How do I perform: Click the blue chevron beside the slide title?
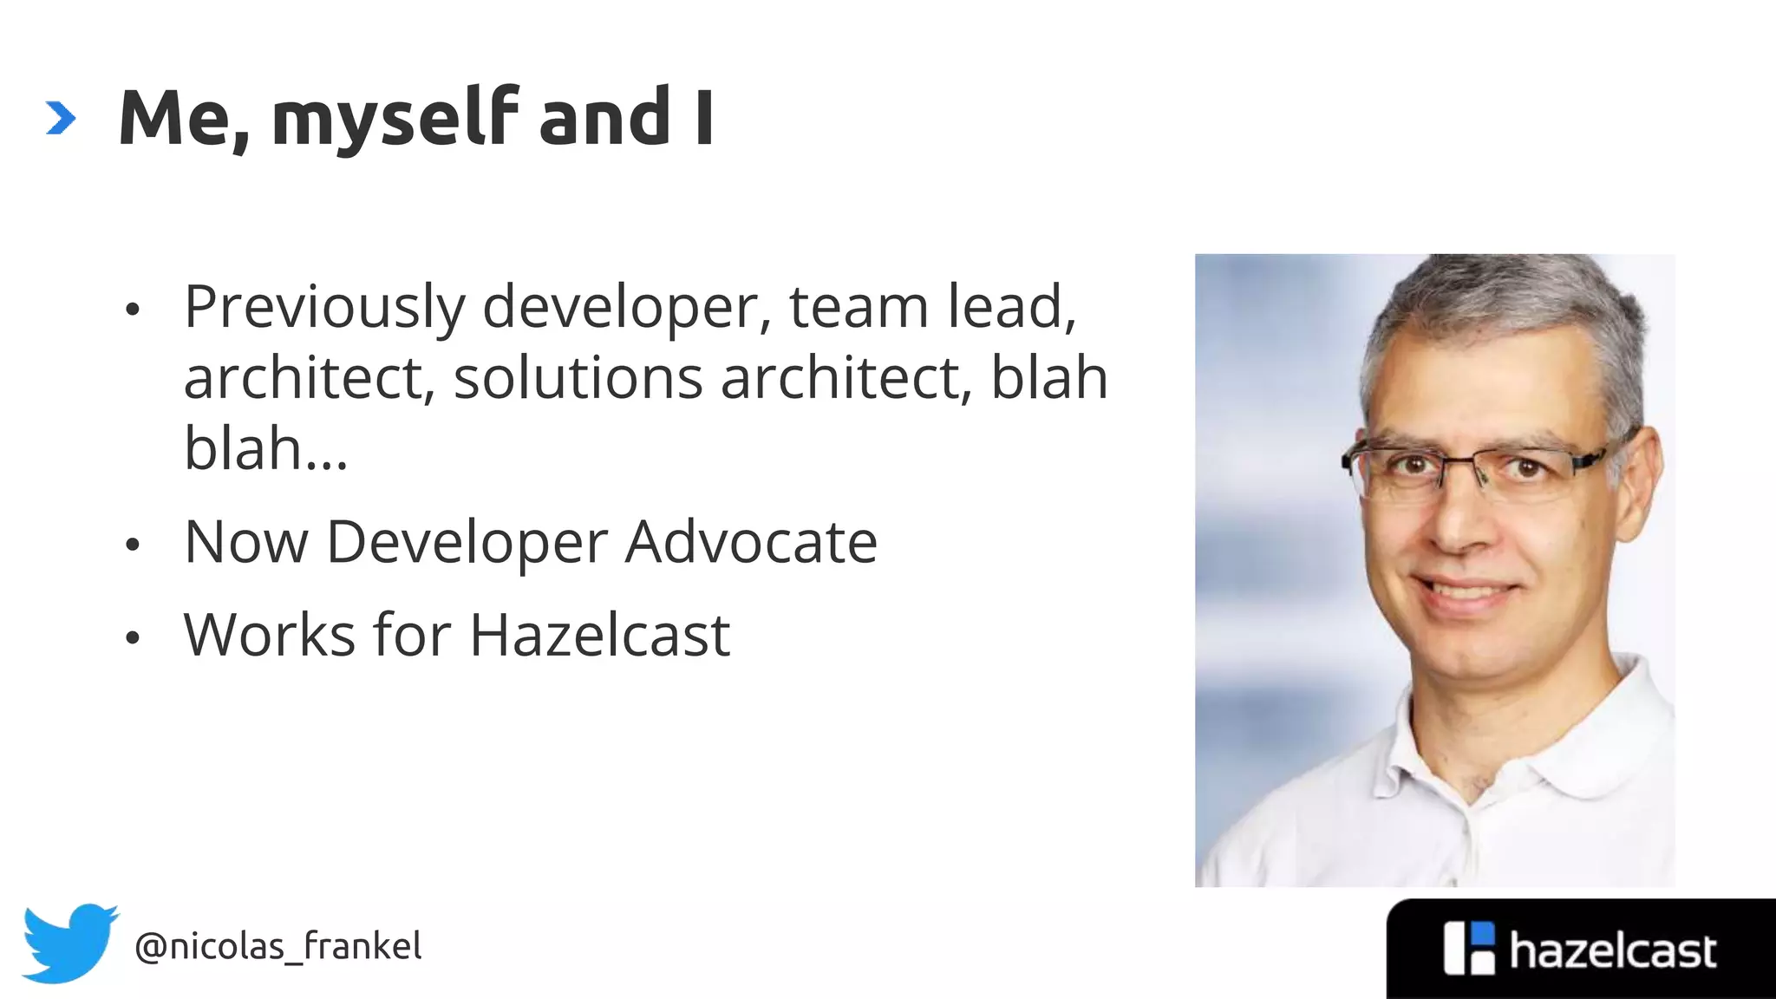pyautogui.click(x=61, y=118)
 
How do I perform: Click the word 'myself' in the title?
pyautogui.click(x=395, y=120)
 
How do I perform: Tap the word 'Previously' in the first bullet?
pyautogui.click(x=324, y=308)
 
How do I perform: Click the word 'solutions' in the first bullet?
pyautogui.click(x=578, y=379)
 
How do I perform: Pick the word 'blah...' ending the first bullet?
pyautogui.click(x=265, y=448)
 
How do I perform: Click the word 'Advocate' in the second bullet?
pyautogui.click(x=751, y=542)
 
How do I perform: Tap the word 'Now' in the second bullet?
pyautogui.click(x=246, y=542)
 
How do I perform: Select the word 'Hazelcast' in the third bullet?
pyautogui.click(x=599, y=635)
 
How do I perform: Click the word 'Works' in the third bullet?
pyautogui.click(x=270, y=635)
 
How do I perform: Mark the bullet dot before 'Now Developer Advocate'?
pyautogui.click(x=132, y=545)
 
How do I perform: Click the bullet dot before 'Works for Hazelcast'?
pyautogui.click(x=132, y=638)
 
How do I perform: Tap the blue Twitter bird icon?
pyautogui.click(x=69, y=943)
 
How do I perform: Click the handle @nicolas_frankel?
pyautogui.click(x=278, y=946)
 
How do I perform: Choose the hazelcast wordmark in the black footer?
pyautogui.click(x=1612, y=951)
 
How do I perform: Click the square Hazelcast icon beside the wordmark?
pyautogui.click(x=1469, y=949)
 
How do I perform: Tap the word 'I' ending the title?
pyautogui.click(x=703, y=118)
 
